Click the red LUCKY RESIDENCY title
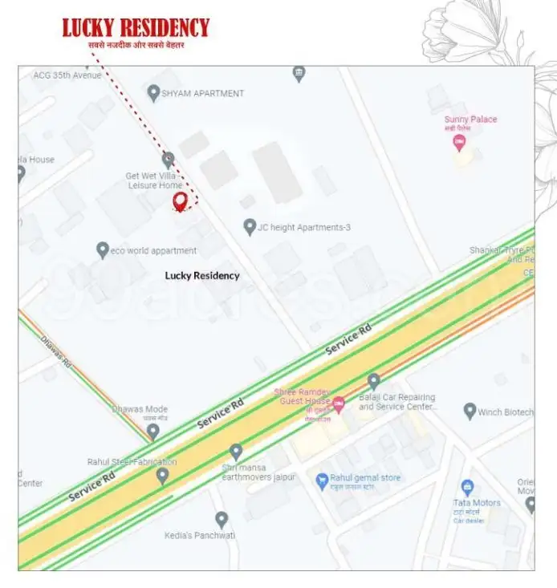pos(136,28)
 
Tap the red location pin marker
pos(181,201)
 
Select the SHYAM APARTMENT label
pos(202,94)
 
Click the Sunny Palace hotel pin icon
pos(459,143)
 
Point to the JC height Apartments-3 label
pos(303,228)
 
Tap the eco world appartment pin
pos(103,250)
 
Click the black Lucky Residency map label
pos(202,275)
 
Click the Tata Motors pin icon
pos(466,487)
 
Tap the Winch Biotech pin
pos(470,412)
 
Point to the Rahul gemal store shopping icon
pos(323,479)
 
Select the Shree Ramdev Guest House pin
pos(339,404)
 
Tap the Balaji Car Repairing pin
pos(373,381)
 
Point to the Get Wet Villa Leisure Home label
pos(155,180)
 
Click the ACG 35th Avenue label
pos(67,75)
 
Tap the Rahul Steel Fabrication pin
pos(162,476)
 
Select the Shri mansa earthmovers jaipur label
pos(258,472)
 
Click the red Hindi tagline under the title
pos(136,46)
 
